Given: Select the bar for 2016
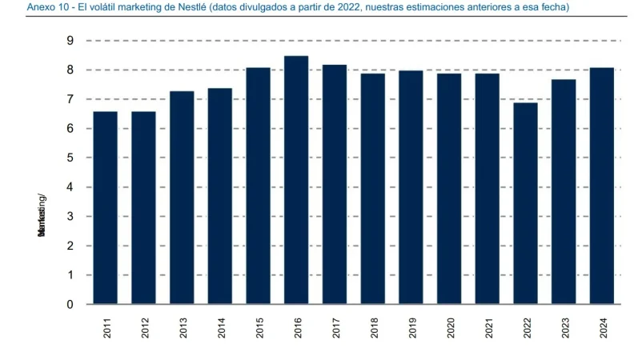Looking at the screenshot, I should click(296, 180).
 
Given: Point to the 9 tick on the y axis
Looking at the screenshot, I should click(70, 41).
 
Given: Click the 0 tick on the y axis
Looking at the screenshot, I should click(70, 305).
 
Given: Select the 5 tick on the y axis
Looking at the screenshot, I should click(70, 158).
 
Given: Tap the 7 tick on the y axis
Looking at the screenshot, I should click(70, 99).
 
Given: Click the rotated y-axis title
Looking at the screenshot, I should click(42, 216).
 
